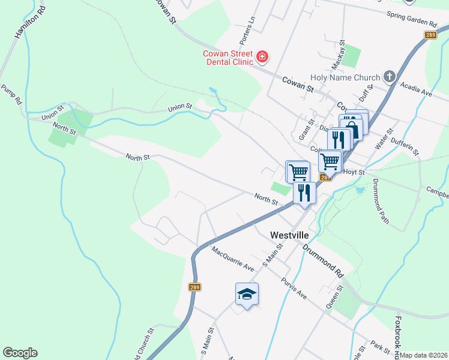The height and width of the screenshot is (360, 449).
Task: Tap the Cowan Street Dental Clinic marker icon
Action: point(262,58)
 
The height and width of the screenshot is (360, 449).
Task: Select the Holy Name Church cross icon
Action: point(390,77)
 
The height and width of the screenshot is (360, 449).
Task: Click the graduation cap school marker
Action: point(247,293)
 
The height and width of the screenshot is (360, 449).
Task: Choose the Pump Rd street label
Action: point(11,95)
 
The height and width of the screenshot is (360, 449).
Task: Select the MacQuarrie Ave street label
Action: point(233,258)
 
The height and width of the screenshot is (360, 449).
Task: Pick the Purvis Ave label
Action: point(294,287)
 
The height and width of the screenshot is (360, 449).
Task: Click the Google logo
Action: point(20,353)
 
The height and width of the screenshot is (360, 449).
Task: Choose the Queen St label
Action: point(334,297)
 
